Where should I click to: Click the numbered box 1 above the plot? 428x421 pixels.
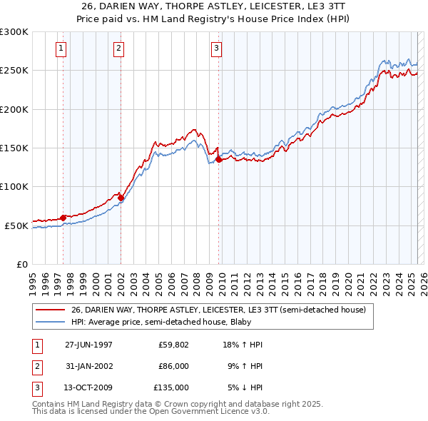click(61, 49)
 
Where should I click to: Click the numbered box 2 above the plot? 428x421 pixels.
click(118, 49)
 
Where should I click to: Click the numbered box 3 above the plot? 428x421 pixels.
click(216, 49)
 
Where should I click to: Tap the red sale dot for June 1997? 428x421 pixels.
click(63, 218)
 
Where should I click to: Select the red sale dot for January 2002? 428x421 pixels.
click(121, 197)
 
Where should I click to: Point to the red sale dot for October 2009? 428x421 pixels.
click(219, 159)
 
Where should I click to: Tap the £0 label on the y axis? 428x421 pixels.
click(21, 264)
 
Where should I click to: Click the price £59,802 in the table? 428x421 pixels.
click(173, 345)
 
